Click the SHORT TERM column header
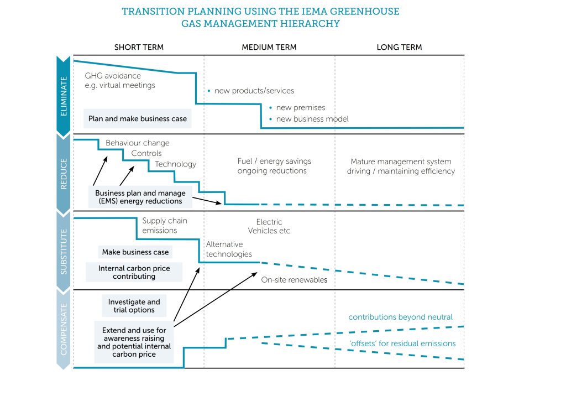tap(139, 48)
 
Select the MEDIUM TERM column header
tap(269, 48)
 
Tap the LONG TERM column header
tap(399, 48)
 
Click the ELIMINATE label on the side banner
tap(64, 96)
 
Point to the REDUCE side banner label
tap(64, 174)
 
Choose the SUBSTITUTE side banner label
tap(64, 252)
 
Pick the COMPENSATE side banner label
tap(64, 330)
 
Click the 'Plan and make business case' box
tap(138, 118)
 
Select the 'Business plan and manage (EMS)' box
tap(140, 197)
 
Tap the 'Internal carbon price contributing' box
tap(134, 272)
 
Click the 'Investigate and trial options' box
tap(134, 306)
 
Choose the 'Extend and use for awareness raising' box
tap(134, 342)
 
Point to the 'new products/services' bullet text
tap(254, 91)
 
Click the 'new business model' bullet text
tap(312, 119)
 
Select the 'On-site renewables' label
tap(294, 280)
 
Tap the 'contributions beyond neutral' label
tap(400, 317)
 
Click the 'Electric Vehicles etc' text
tap(269, 226)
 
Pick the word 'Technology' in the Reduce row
tap(175, 164)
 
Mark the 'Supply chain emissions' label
tap(165, 226)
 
